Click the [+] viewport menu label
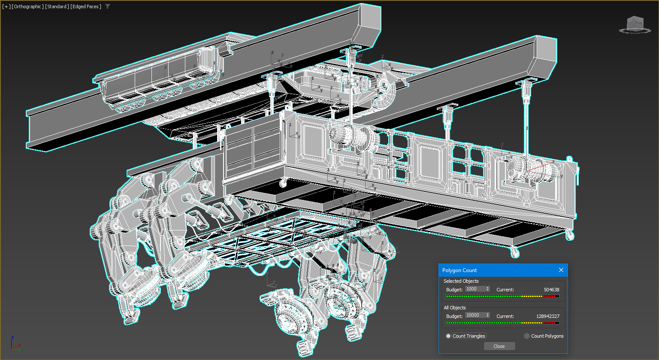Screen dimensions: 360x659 pos(6,6)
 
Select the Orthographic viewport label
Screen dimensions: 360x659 pos(27,6)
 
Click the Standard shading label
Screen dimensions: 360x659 pos(57,6)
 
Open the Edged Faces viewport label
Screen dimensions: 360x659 pos(86,6)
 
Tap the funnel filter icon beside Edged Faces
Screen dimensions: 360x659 pos(108,6)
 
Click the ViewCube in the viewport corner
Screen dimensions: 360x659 pos(635,24)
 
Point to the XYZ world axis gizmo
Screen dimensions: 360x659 pos(15,344)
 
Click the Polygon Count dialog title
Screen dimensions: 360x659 pos(459,270)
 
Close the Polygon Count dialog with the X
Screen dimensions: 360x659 pos(561,270)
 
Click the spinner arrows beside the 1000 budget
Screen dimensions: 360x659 pos(487,289)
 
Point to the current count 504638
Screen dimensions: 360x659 pos(551,290)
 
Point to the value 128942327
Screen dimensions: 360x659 pos(547,316)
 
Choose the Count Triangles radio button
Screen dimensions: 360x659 pos(448,336)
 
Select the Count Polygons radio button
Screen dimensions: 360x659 pos(527,336)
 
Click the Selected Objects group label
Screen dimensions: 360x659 pos(461,281)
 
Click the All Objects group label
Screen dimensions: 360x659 pos(454,308)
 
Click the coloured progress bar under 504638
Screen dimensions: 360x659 pos(502,296)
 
